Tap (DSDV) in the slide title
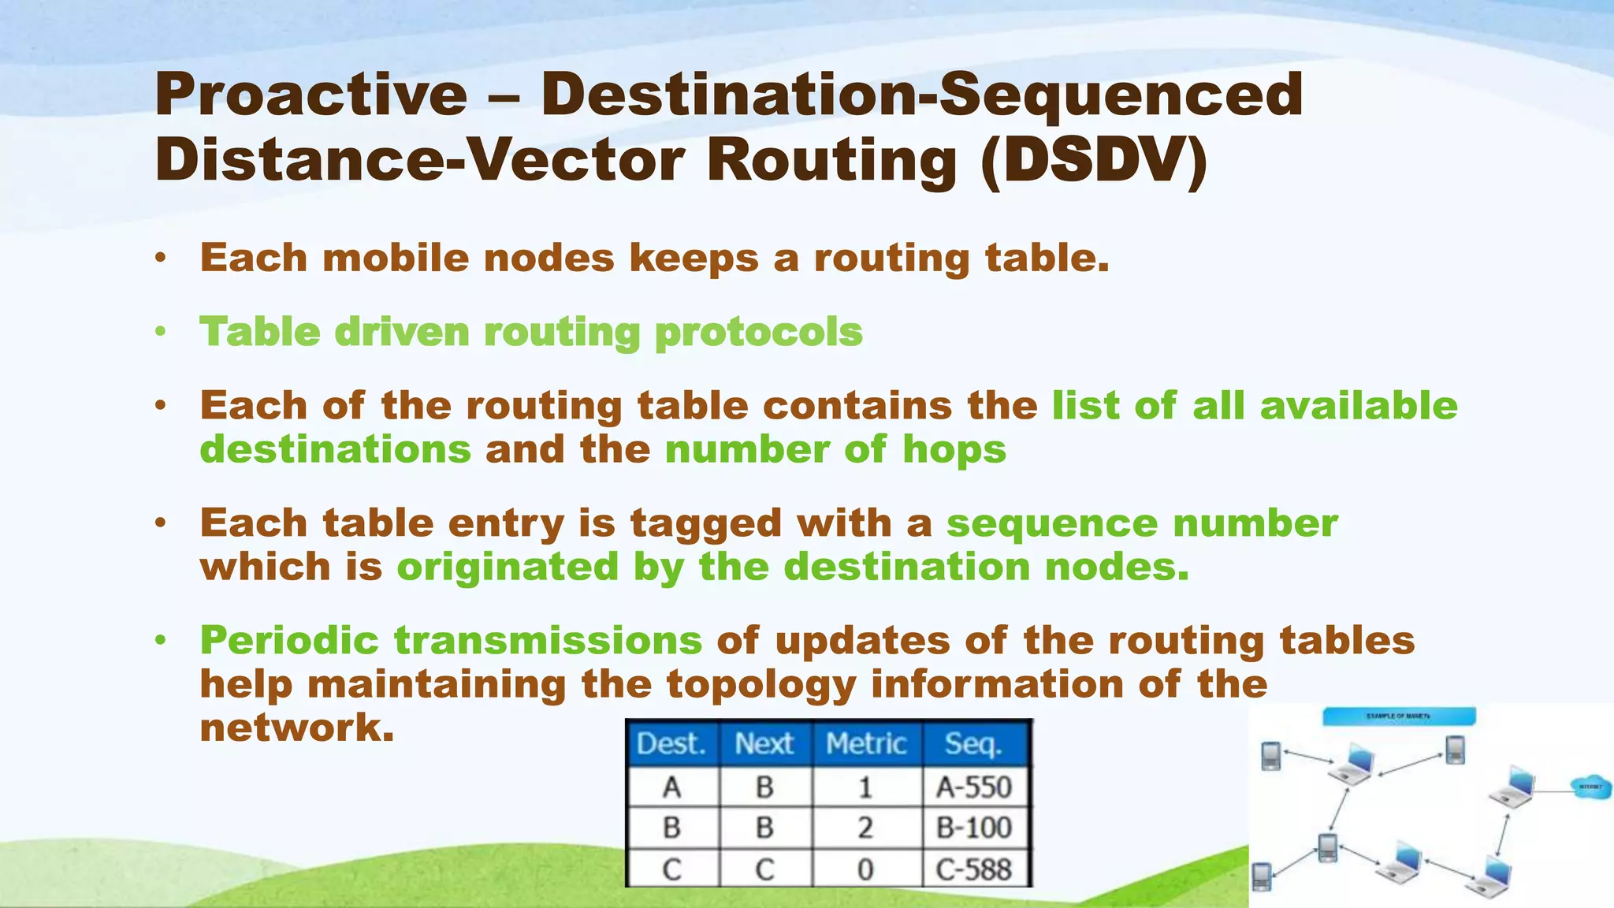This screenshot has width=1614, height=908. coord(1094,161)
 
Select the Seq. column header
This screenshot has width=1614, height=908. coord(974,743)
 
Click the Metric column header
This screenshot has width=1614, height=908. coord(866,743)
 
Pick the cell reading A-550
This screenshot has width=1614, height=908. coord(974,787)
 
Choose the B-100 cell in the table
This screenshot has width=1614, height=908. coord(974,828)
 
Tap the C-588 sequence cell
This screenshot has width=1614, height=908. coord(974,869)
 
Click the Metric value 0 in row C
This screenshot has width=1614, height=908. coord(865,869)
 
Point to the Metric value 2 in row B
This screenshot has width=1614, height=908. coord(865,828)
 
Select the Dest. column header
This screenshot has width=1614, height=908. coord(671,743)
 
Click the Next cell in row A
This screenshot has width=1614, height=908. coord(764,787)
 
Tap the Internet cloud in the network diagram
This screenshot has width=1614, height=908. coord(1590,787)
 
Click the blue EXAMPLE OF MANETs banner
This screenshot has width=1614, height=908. coord(1398,716)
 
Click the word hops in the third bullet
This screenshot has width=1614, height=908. coord(954,449)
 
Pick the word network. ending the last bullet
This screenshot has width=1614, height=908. coord(296,727)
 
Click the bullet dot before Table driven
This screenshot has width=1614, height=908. coord(161,332)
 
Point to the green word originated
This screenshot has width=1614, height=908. coord(508,567)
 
